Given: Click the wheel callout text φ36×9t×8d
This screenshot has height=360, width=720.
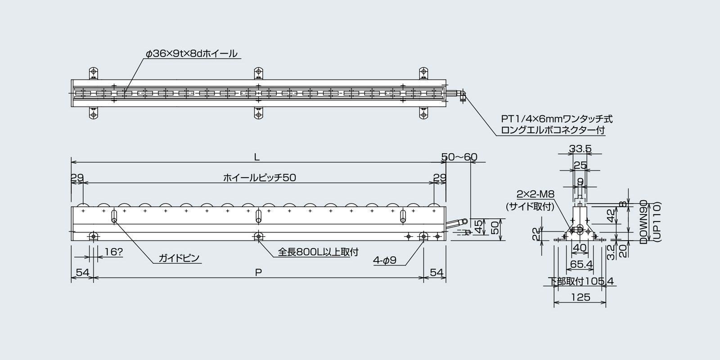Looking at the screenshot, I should click(x=191, y=54).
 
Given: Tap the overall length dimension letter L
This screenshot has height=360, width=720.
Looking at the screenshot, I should click(x=256, y=157).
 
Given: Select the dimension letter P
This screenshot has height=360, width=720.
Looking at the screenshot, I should click(x=258, y=272).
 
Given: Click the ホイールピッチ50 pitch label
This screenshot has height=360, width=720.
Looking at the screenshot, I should click(x=260, y=178).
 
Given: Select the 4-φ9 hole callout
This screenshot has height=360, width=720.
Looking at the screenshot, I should click(x=384, y=260).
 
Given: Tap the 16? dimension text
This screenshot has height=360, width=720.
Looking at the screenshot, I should click(x=113, y=252).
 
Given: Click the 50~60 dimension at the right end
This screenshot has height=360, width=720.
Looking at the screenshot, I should click(x=459, y=157).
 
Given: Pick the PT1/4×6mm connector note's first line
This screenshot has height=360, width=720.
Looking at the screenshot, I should click(x=557, y=119).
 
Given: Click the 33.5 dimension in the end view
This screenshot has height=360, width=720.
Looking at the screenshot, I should click(x=580, y=149).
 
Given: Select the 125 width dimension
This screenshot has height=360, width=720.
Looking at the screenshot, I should click(x=580, y=297).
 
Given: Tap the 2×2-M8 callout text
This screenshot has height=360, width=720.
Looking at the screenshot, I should click(x=535, y=194).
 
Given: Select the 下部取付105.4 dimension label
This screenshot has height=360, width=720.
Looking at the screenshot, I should click(x=581, y=281).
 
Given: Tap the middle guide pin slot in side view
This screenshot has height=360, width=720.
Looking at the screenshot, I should click(x=258, y=216).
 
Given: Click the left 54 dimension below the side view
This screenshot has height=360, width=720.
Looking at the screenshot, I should click(x=82, y=272).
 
